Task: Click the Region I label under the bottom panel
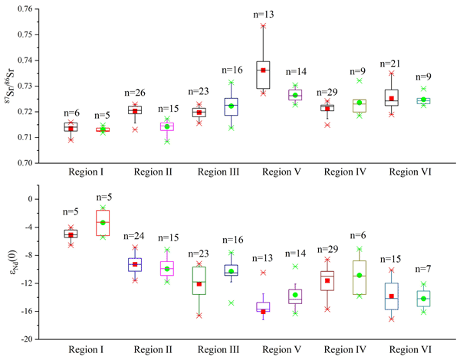(85, 349)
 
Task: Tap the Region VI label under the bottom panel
(406, 349)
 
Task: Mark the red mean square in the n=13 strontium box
(262, 70)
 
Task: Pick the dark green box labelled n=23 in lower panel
(199, 280)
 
